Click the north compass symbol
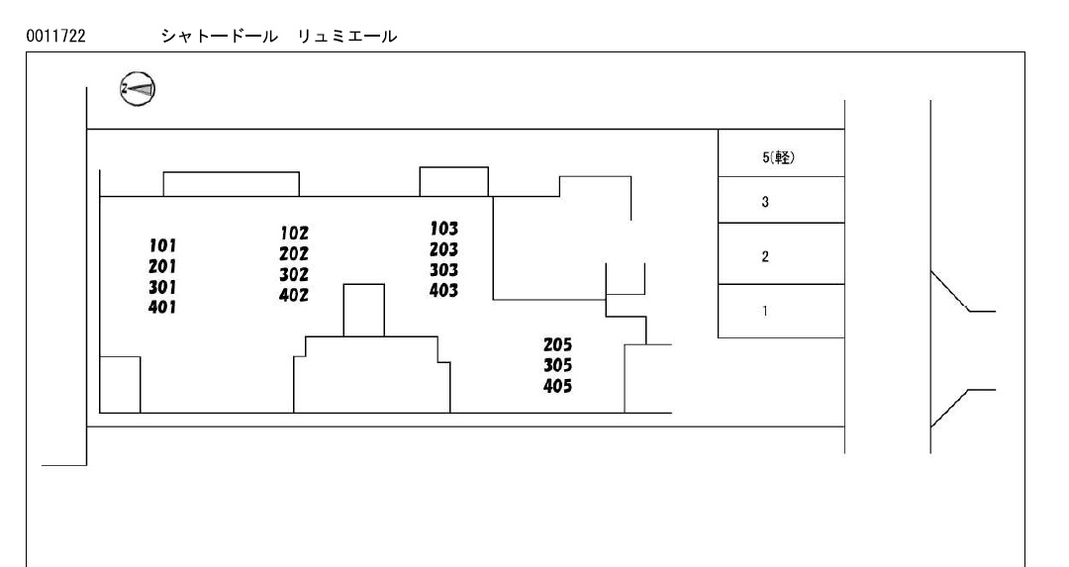[138, 89]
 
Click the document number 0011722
[55, 37]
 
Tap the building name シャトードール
[220, 37]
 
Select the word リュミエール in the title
[347, 37]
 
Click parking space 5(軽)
[779, 157]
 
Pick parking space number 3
[765, 202]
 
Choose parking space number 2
[765, 256]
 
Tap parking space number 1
[765, 311]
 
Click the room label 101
[162, 245]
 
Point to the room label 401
[162, 308]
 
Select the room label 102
[294, 234]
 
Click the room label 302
[294, 275]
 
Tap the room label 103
[443, 229]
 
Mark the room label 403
[443, 290]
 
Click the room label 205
[557, 344]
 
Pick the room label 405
[557, 386]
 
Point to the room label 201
[162, 266]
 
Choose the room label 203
[443, 249]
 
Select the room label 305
[557, 365]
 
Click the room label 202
[294, 254]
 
